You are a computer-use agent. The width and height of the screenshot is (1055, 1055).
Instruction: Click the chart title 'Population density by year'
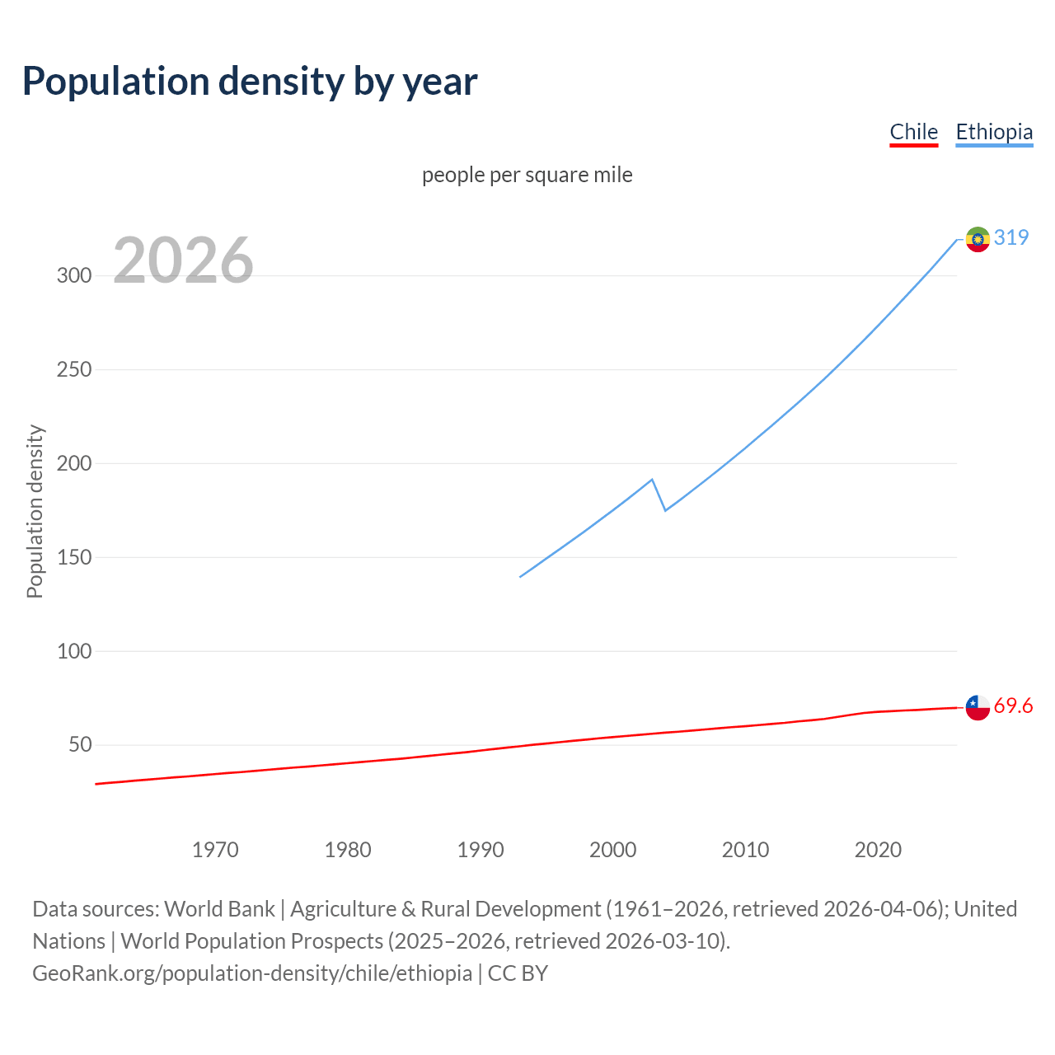point(250,82)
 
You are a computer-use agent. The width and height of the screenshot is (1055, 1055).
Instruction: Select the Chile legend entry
point(913,132)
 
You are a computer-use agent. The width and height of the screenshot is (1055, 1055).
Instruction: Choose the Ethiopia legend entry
point(993,132)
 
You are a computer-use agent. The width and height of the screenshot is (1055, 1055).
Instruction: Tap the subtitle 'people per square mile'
point(527,175)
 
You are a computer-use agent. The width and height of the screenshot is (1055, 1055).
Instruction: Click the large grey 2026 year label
point(183,260)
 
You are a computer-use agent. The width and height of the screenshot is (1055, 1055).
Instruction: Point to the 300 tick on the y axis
point(74,275)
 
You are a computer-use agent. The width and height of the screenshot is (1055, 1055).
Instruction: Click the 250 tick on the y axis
point(74,369)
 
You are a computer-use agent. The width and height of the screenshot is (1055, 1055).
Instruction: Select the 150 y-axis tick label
point(74,557)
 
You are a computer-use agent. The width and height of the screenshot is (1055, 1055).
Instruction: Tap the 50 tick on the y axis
point(79,745)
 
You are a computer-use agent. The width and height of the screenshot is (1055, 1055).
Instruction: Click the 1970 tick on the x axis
point(215,850)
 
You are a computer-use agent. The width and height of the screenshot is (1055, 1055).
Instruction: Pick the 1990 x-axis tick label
point(481,850)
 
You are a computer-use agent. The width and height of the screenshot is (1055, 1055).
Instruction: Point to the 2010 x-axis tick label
point(745,850)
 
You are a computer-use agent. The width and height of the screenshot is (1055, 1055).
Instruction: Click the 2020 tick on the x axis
point(878,850)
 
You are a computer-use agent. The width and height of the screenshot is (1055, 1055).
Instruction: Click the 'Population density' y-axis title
point(35,511)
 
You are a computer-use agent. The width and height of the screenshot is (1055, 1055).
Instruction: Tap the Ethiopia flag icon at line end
point(978,239)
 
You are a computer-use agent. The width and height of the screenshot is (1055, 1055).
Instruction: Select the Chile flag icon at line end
point(978,707)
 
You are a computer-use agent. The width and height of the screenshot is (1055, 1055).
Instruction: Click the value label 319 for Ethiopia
point(1011,237)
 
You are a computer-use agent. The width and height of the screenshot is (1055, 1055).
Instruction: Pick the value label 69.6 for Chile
point(1013,706)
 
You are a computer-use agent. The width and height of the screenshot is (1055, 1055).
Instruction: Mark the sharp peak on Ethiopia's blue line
point(652,479)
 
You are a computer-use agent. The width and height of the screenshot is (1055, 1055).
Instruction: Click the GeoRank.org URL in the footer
point(252,973)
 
